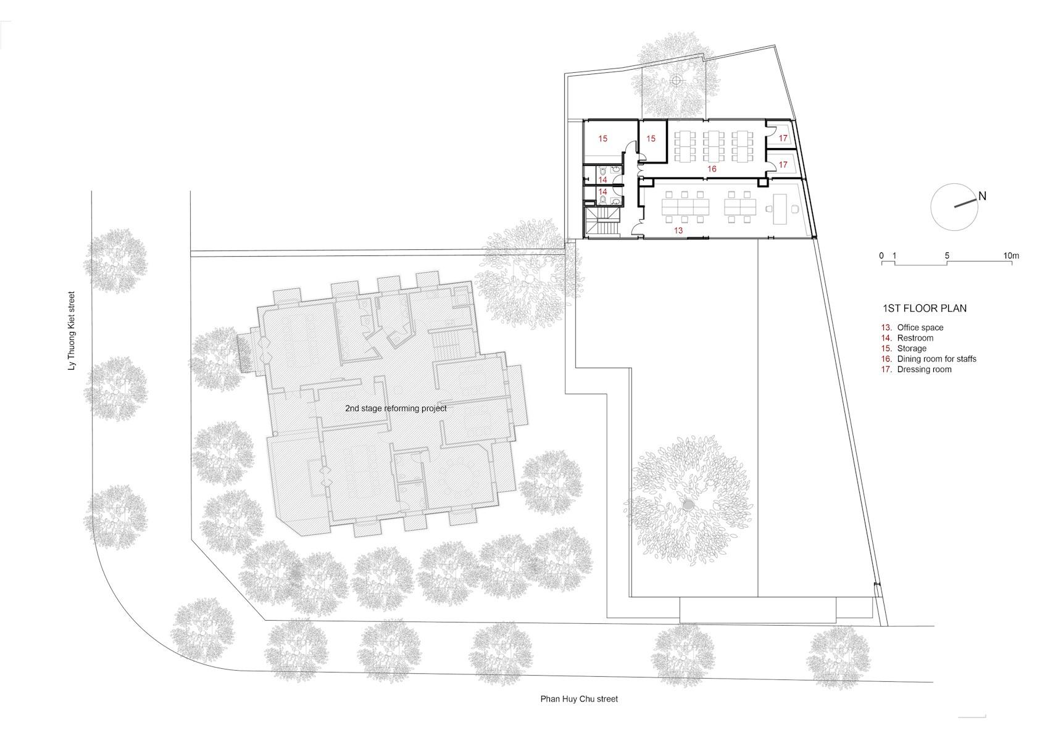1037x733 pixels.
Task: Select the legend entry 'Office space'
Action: click(x=920, y=328)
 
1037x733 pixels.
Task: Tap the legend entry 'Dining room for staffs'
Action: click(x=936, y=359)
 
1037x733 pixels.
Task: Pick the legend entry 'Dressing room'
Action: click(x=924, y=369)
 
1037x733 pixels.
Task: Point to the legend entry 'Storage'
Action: click(x=912, y=349)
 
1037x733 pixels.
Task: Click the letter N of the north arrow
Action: click(x=982, y=196)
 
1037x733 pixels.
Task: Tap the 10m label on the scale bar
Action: click(x=1011, y=256)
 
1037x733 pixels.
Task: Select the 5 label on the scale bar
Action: click(x=947, y=256)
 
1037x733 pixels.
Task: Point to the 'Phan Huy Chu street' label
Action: click(x=579, y=698)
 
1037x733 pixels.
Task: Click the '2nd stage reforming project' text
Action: click(x=396, y=408)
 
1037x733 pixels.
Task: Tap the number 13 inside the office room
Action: click(x=678, y=231)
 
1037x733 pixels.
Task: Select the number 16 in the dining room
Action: click(x=712, y=169)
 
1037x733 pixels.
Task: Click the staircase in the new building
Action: click(x=602, y=222)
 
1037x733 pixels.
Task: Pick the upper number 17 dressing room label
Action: click(x=783, y=138)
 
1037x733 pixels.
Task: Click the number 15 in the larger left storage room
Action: click(x=602, y=138)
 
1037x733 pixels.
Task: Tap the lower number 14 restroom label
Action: click(x=602, y=191)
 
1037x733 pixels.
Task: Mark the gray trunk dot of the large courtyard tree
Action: click(x=688, y=505)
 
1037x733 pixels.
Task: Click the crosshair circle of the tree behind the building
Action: click(x=677, y=81)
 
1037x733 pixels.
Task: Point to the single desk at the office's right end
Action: click(x=780, y=209)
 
